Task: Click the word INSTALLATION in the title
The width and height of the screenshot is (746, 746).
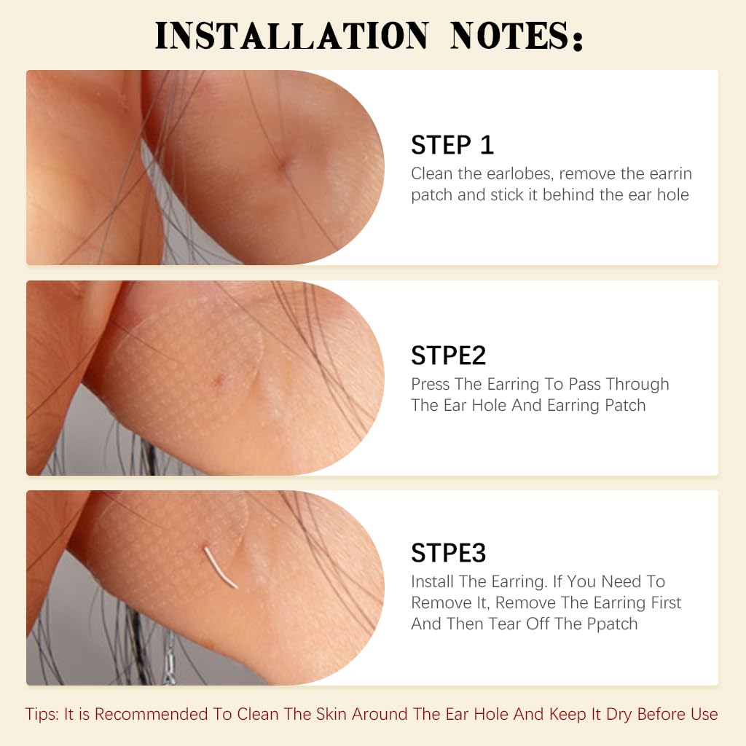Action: (291, 36)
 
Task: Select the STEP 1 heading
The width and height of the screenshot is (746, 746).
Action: (452, 145)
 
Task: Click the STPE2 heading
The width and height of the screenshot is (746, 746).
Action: (449, 356)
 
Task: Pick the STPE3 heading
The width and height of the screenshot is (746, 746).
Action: (449, 553)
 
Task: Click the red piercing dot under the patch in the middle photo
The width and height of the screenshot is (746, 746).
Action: (219, 379)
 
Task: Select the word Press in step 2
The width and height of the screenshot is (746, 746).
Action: (431, 384)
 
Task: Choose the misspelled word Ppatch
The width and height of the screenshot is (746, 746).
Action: (612, 624)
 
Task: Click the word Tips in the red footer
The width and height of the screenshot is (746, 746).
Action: (42, 714)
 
